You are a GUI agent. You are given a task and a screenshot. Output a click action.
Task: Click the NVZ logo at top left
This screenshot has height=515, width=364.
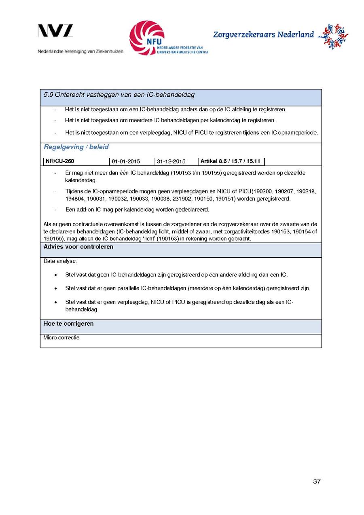pos(55,31)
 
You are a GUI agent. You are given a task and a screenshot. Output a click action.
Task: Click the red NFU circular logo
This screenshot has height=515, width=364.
pos(147,38)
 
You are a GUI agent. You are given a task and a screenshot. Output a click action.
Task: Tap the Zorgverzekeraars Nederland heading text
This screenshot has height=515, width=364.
pos(263,35)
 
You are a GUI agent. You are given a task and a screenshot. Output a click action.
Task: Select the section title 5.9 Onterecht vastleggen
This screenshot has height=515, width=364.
pos(119,95)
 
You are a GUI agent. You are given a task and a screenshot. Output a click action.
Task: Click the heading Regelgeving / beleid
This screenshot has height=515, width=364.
pos(76,147)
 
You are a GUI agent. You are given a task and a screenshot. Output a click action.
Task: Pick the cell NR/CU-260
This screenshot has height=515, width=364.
pos(60,161)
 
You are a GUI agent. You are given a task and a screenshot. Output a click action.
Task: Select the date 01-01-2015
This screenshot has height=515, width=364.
pos(126,162)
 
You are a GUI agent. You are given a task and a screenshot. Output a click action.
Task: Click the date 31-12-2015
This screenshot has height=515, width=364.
pos(171,162)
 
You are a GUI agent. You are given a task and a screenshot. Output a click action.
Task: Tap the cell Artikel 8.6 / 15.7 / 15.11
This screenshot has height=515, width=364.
pos(230,161)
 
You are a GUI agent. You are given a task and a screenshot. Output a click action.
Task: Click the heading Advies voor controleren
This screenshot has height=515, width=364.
pos(78,247)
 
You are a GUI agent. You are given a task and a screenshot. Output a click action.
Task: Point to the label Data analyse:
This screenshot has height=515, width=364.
pos(60,261)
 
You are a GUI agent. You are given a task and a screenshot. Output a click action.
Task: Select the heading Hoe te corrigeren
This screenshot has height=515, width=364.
pos(68,324)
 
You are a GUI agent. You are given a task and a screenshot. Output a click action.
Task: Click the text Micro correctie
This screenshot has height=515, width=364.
pos(61,337)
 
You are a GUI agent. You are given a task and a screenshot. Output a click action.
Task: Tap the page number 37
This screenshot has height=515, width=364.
pos(317,481)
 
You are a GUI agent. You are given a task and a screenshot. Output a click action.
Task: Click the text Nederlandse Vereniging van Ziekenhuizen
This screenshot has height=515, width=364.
pos(80,51)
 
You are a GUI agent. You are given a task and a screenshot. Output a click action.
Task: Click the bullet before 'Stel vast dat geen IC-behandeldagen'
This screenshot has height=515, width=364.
pos(55,275)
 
